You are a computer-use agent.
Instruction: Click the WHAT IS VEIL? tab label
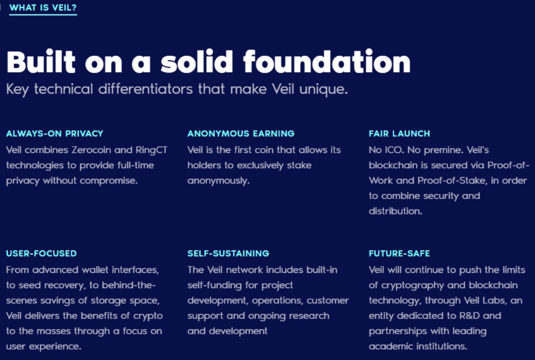point(43,7)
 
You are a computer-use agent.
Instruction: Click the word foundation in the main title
point(327,61)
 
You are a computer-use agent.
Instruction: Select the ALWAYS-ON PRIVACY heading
point(54,133)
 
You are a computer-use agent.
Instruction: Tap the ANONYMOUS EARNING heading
point(241,133)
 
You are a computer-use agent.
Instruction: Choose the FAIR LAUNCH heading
point(399,133)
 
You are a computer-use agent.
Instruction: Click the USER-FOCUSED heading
point(41,253)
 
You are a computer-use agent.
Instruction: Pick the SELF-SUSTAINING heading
point(228,253)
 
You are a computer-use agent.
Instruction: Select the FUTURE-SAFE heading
point(399,253)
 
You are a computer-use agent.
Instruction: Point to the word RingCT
point(152,151)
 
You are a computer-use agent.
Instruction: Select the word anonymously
point(218,181)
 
